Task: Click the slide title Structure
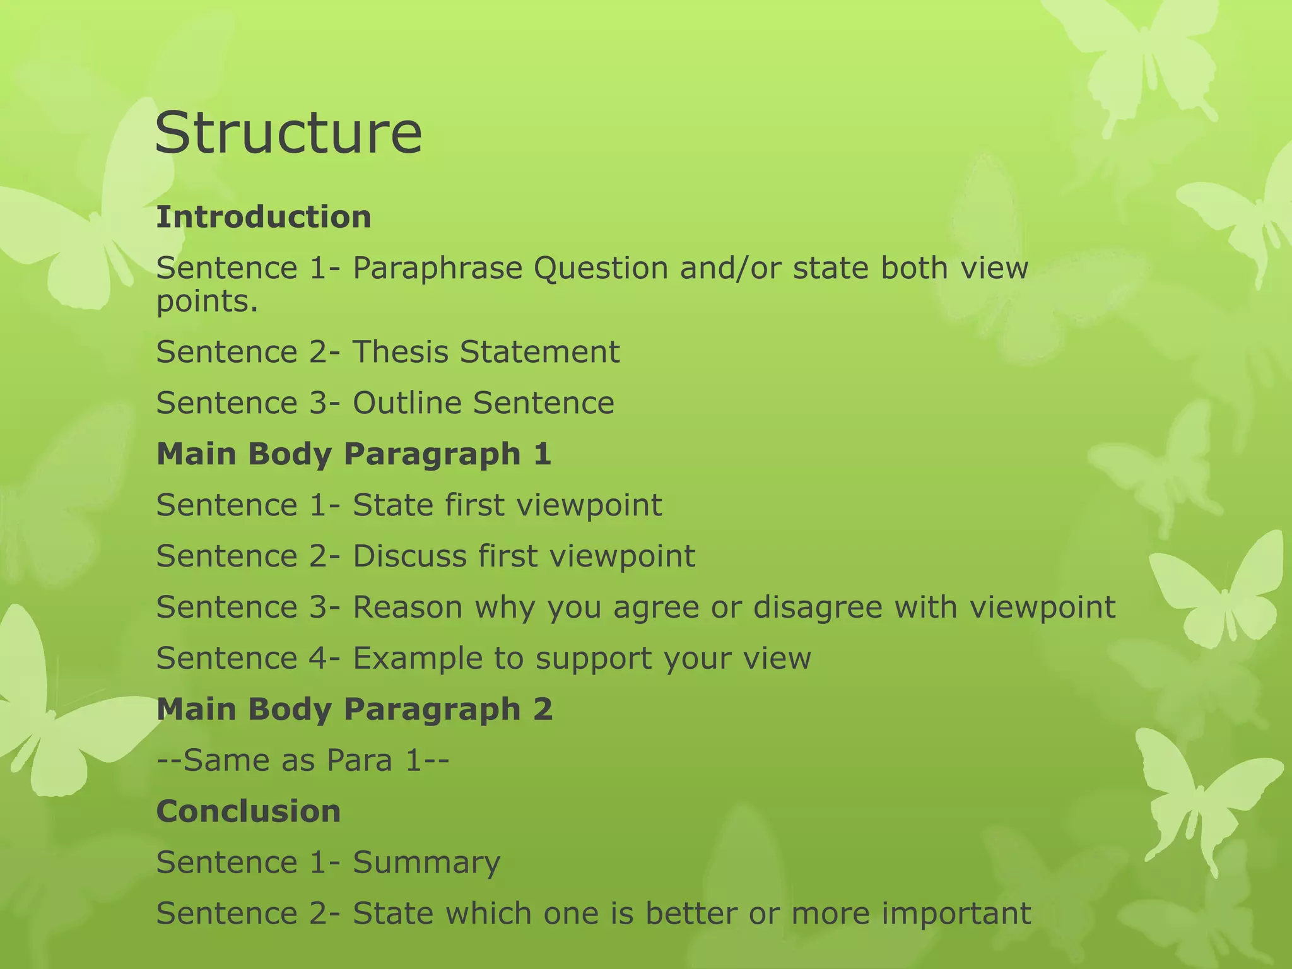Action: [x=288, y=133]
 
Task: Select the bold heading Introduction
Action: [x=264, y=217]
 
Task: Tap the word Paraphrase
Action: [x=438, y=268]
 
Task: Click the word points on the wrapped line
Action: [x=207, y=301]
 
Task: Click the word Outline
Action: [x=407, y=403]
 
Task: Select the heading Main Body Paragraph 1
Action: [x=353, y=454]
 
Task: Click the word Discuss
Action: [x=409, y=556]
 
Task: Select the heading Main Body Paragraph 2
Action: [x=354, y=709]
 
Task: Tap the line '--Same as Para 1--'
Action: [x=303, y=760]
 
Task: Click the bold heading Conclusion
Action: [x=249, y=811]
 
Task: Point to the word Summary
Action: [x=426, y=862]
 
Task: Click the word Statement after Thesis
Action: [x=539, y=352]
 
